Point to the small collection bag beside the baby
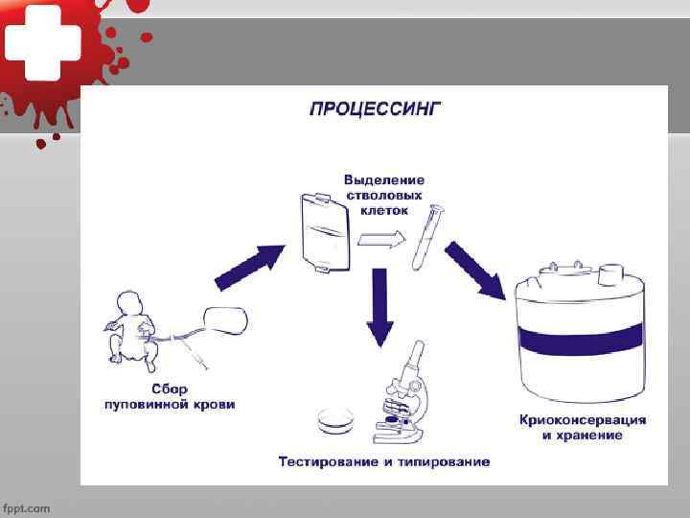(x=225, y=319)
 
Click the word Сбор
(x=170, y=390)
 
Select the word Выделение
(x=384, y=179)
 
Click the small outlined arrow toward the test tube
(x=385, y=243)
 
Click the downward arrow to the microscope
(x=381, y=305)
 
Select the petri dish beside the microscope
(x=335, y=419)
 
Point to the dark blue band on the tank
(x=582, y=339)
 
